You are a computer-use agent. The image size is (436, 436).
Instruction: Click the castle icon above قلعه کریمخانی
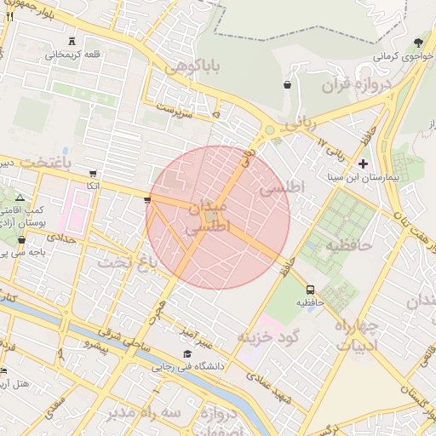pos(72,40)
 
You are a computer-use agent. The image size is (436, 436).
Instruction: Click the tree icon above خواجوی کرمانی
pos(418,43)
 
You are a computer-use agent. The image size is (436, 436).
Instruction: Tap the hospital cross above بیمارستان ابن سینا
pos(364,163)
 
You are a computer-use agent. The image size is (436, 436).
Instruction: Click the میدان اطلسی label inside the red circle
pos(207,218)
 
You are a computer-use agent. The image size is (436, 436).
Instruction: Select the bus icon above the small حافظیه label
pos(310,289)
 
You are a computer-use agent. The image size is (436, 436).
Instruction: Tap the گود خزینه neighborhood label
pos(270,337)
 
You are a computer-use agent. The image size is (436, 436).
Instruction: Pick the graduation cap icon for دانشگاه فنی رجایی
pos(186,354)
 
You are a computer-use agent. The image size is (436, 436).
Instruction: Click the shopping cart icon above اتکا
pos(93,173)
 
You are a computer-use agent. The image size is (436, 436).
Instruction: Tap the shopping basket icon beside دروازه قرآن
pos(287,85)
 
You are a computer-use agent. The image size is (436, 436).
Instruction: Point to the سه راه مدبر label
pos(144,412)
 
